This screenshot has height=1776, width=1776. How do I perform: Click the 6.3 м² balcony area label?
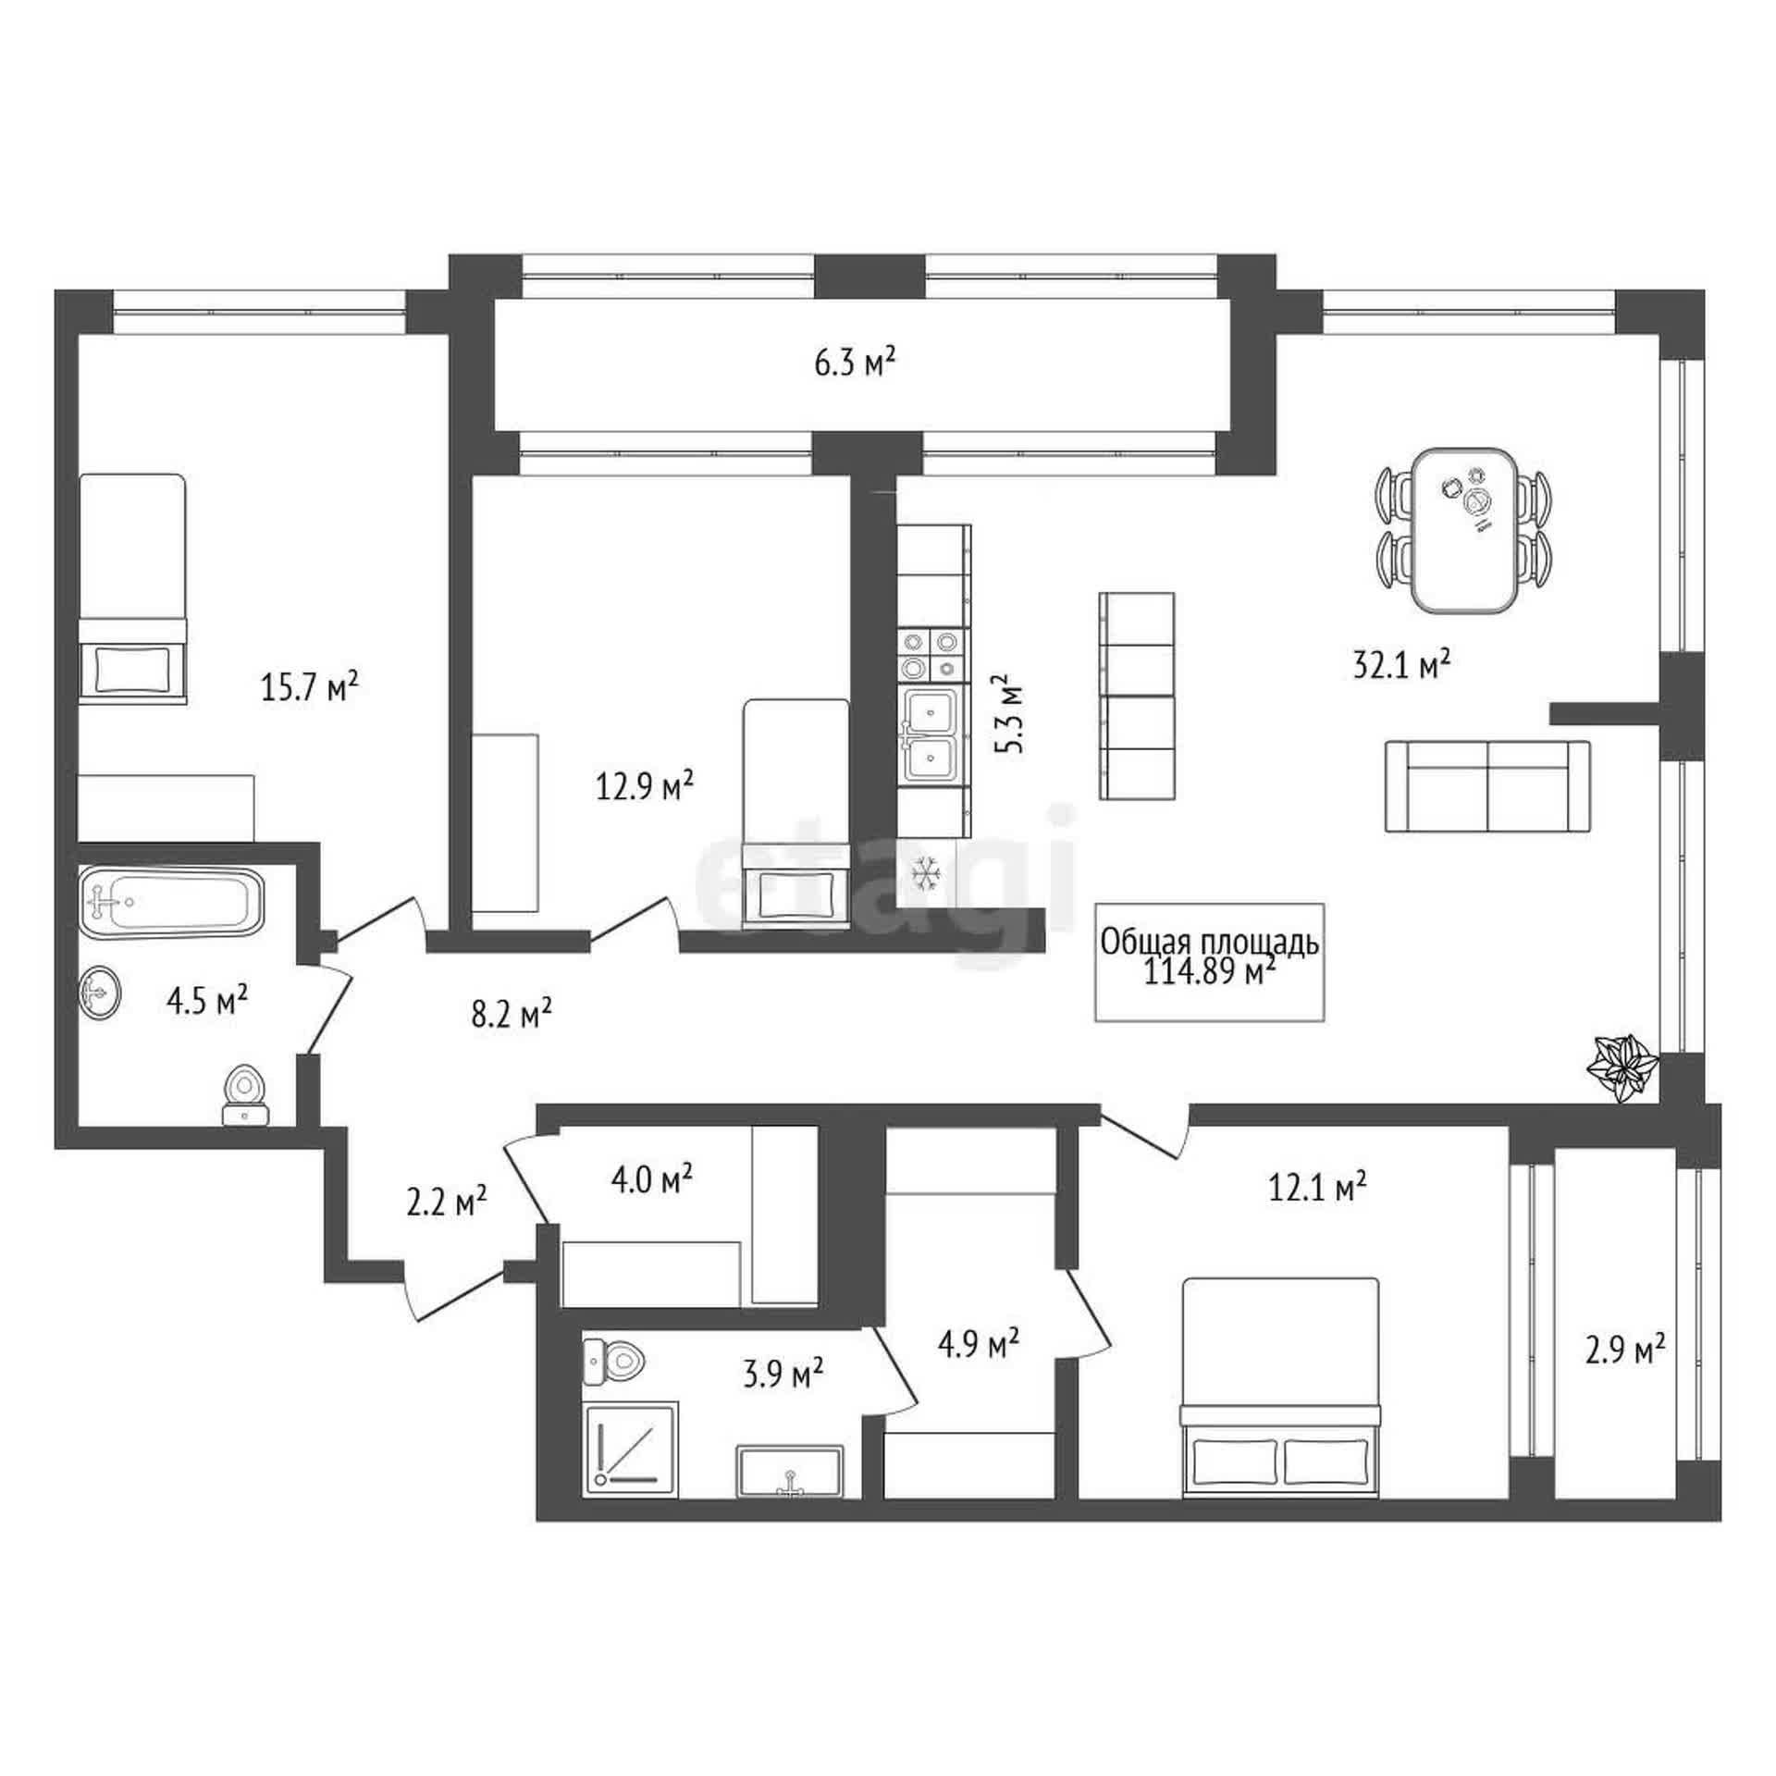tap(855, 363)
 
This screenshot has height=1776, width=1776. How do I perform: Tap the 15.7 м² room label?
tap(309, 687)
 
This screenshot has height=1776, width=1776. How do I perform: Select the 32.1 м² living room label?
tap(1400, 663)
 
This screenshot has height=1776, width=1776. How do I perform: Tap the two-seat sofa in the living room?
tap(1487, 786)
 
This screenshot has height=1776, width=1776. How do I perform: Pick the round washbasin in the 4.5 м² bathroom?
tap(100, 993)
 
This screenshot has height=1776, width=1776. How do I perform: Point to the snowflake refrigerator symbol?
tap(926, 872)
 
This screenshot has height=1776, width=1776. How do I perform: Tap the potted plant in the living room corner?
tap(1622, 1069)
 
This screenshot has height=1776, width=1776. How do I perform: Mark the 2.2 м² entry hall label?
tap(447, 1201)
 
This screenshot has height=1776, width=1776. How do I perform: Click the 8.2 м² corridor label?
tap(512, 1013)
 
